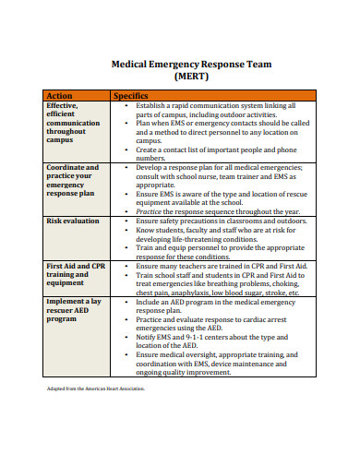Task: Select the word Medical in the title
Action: coord(132,66)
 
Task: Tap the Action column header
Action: coord(60,95)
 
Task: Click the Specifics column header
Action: coord(131,95)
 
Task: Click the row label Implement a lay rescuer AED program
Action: coord(74,311)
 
